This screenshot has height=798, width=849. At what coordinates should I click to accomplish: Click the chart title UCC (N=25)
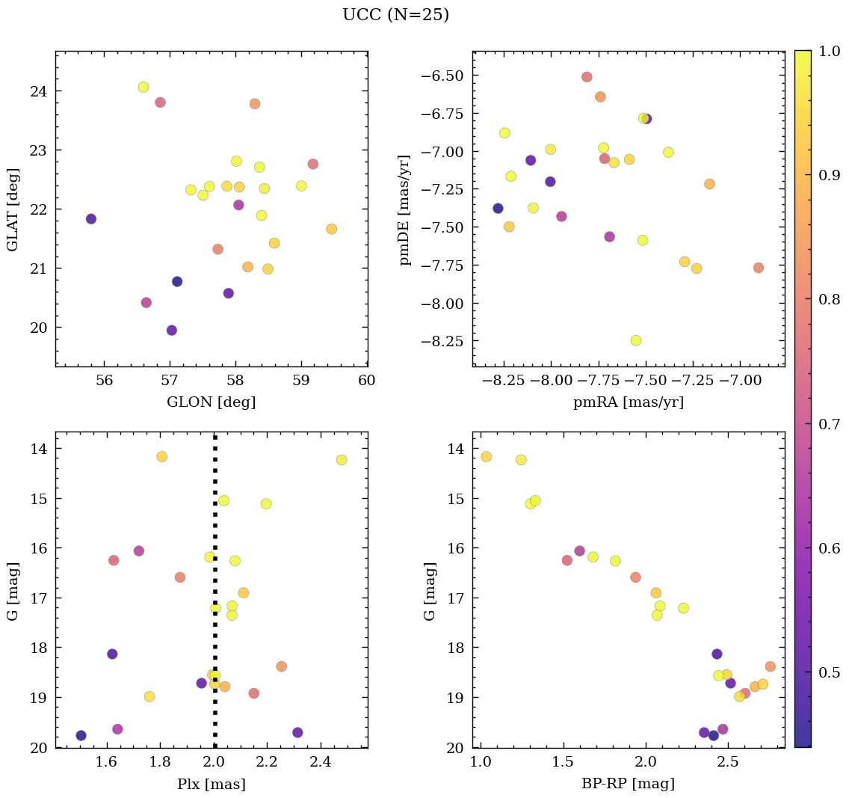point(395,15)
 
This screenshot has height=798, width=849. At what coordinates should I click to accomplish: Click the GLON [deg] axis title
point(211,402)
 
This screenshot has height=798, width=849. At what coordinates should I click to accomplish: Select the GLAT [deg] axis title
point(13,209)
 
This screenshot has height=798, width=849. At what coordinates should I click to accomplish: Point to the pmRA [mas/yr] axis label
point(628,402)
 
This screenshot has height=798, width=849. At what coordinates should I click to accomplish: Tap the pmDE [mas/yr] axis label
point(405,209)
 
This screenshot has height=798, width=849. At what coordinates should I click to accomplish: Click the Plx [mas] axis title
point(211,784)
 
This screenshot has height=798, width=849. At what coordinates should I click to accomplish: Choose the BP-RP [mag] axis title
point(628,784)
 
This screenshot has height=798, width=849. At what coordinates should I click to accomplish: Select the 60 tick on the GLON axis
point(367,381)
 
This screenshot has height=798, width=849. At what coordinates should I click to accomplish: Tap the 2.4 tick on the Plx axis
point(321,762)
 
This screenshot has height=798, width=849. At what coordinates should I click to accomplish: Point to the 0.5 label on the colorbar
point(830,672)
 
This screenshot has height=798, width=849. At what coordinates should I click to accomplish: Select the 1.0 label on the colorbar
point(830,51)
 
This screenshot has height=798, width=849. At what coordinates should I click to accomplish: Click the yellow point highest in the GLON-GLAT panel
point(143,87)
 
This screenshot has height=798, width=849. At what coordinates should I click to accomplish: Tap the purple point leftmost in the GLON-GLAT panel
point(91,219)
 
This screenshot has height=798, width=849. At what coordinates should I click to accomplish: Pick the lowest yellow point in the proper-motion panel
point(636,340)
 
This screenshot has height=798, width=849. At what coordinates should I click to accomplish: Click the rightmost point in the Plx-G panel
point(342,460)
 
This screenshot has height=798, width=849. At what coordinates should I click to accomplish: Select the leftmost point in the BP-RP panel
point(486,456)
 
